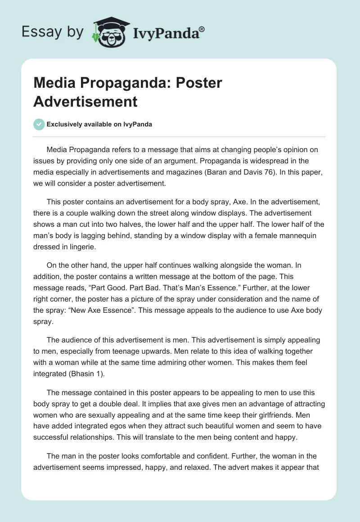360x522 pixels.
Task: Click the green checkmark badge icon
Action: (39, 124)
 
